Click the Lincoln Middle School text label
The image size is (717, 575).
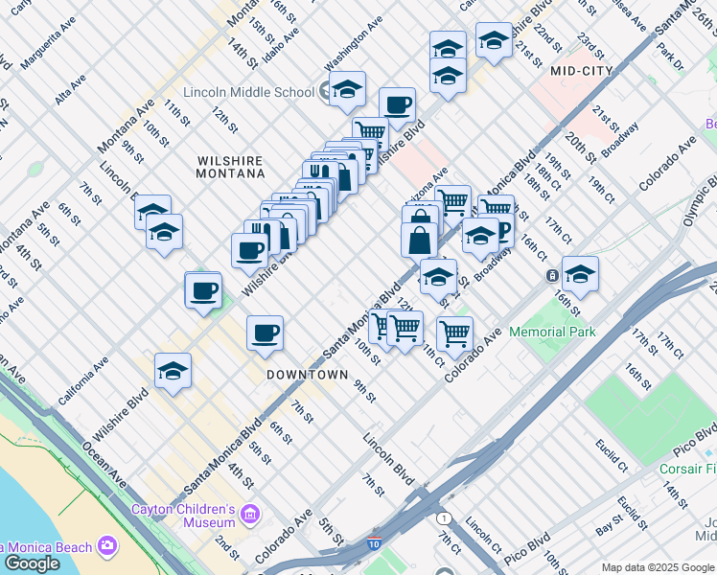click(253, 92)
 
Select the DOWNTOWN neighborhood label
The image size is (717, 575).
click(307, 375)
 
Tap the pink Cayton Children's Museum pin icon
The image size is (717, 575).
click(250, 515)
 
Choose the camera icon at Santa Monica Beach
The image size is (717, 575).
click(106, 546)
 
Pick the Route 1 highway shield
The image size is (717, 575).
click(444, 518)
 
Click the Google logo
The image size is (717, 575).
click(32, 563)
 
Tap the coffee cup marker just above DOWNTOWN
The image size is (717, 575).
click(265, 333)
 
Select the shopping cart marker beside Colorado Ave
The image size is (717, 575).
click(454, 333)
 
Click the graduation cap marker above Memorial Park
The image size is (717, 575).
click(579, 274)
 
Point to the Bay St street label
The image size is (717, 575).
click(609, 528)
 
